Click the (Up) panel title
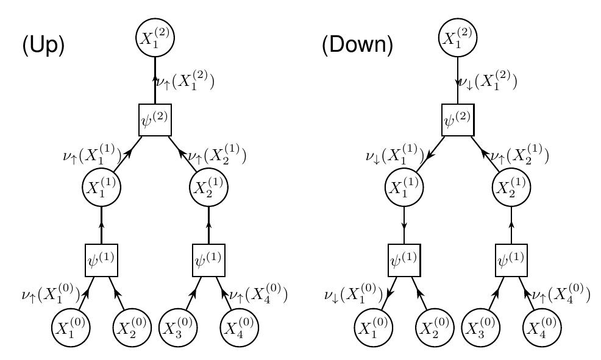43,46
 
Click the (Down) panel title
358,46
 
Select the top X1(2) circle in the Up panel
155,38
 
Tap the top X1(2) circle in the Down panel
458,38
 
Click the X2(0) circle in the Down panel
435,329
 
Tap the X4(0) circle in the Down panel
542,329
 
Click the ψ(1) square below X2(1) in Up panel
209,260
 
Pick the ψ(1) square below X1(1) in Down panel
404,260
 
